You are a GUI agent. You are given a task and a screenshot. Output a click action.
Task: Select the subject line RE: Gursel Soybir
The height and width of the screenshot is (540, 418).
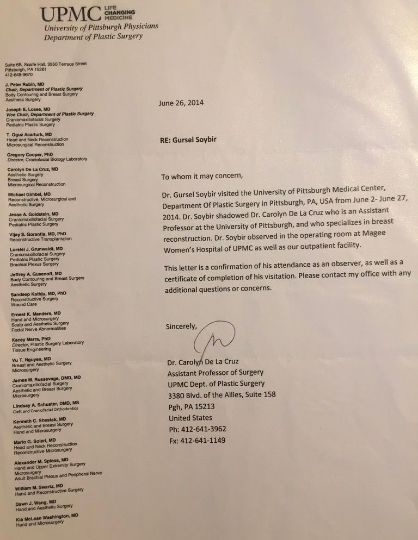[x=188, y=140]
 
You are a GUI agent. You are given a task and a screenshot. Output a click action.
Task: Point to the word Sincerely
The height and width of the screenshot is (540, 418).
[x=181, y=326]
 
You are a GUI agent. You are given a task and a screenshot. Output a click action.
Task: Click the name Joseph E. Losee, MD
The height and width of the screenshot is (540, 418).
[x=28, y=109]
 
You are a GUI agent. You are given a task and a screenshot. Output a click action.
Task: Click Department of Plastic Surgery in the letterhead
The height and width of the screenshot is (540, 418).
[x=93, y=37]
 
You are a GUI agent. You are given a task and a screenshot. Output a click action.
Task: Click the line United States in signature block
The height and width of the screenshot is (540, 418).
[x=190, y=418]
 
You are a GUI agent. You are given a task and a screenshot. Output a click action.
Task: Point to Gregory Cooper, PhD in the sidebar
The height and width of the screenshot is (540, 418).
[x=30, y=155]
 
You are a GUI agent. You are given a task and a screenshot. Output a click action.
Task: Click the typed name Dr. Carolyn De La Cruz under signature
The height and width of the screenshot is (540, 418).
[x=204, y=361]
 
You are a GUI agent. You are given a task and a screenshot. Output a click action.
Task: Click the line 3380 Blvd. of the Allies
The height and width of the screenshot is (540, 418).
[x=222, y=395]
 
